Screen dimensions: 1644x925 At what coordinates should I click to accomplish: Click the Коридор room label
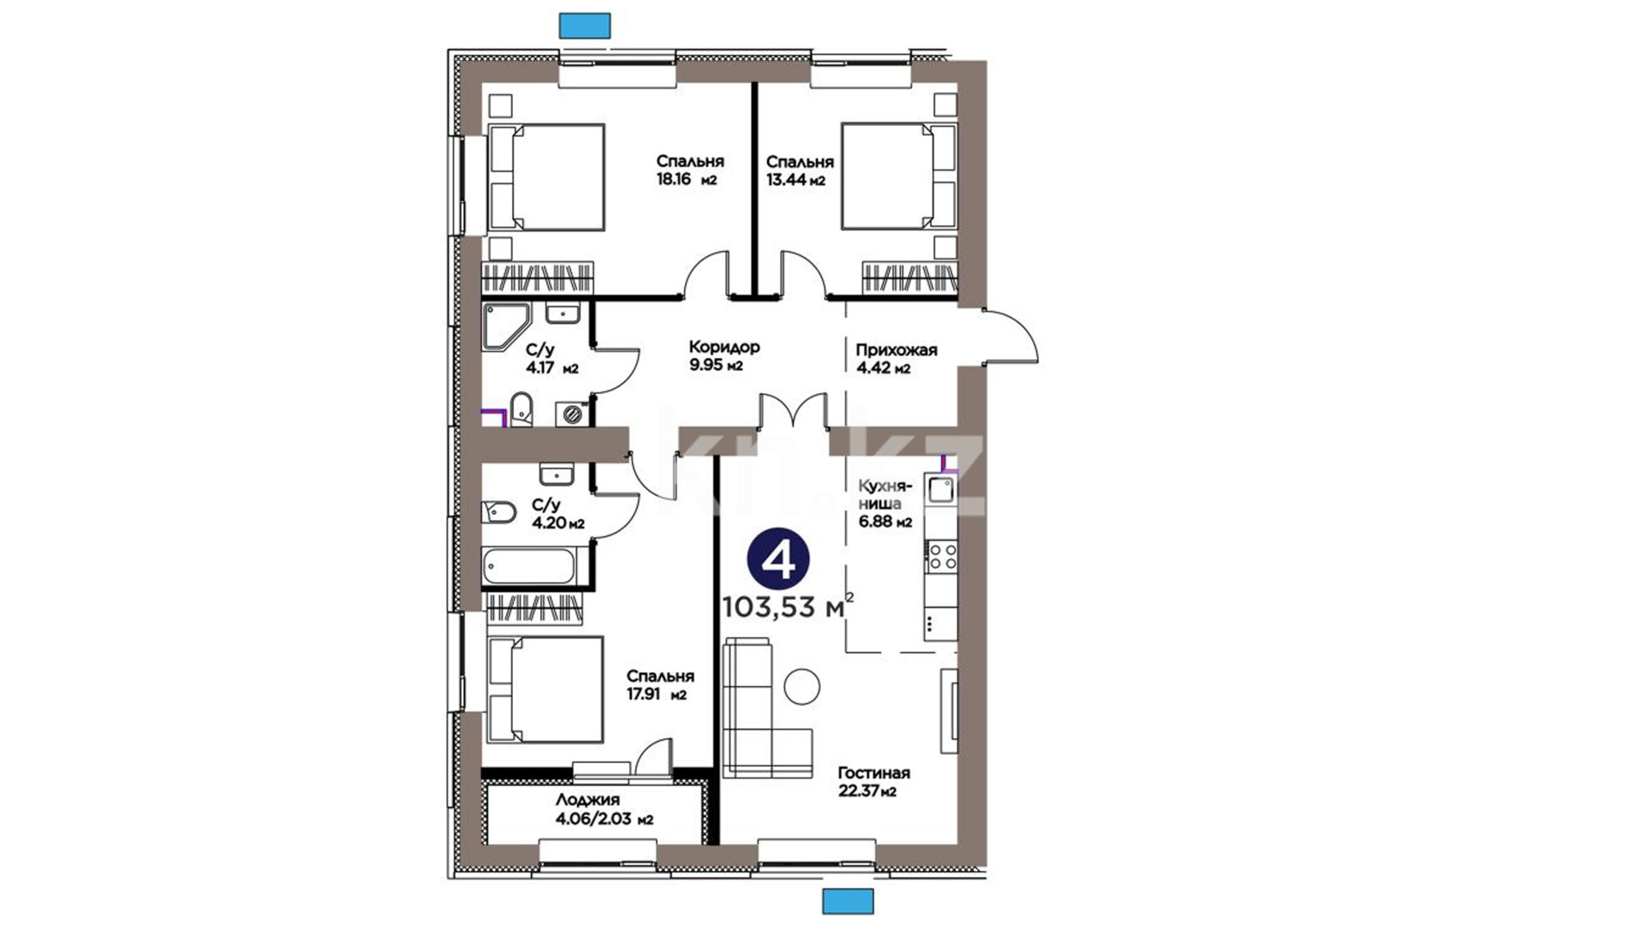pos(724,348)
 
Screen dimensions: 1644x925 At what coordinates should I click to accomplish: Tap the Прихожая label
pos(896,350)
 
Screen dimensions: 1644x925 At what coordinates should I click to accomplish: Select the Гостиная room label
pos(873,773)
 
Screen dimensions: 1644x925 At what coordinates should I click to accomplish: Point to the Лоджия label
pos(587,800)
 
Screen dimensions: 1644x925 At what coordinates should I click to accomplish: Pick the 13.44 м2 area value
pos(795,180)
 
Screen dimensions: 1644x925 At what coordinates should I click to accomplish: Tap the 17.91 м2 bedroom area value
pos(656,695)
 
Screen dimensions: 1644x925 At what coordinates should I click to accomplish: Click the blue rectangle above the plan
pos(585,26)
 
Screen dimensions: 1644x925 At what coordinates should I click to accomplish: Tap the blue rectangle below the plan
pos(848,901)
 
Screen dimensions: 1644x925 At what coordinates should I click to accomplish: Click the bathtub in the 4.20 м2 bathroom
pos(530,566)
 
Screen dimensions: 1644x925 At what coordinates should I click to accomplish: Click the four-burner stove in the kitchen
pos(942,555)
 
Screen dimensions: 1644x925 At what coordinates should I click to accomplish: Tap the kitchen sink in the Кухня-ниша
pos(941,489)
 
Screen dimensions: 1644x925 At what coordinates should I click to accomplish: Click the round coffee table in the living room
pos(802,686)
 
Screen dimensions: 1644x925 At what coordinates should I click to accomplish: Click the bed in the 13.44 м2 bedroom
pos(899,176)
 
